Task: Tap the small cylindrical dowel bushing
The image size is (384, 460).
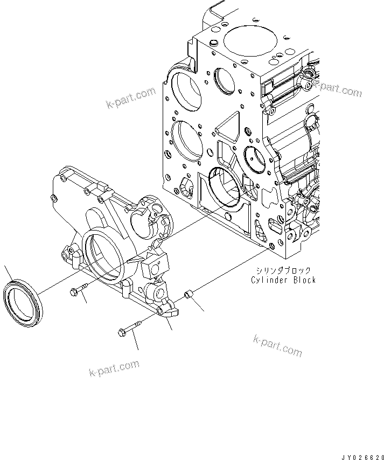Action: tap(189, 296)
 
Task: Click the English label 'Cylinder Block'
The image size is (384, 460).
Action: tap(283, 280)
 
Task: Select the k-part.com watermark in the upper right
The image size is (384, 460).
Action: tap(336, 88)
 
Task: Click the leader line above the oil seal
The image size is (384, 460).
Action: tap(7, 272)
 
